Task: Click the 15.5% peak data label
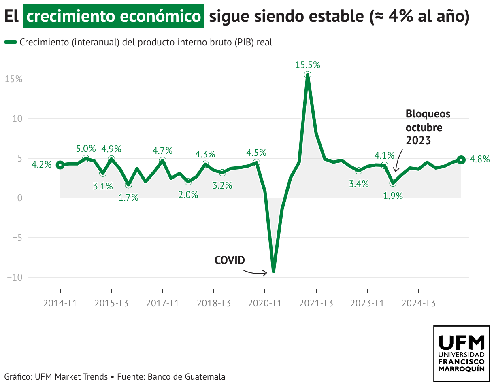[x=307, y=65]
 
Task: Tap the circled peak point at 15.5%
[x=307, y=75]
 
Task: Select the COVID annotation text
[x=230, y=260]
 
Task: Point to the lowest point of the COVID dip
[x=274, y=271]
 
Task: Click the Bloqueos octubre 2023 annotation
[x=428, y=127]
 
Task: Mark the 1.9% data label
[x=393, y=196]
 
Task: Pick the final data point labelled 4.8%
[x=461, y=159]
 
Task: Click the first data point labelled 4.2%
[x=60, y=165]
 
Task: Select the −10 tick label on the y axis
[x=14, y=277]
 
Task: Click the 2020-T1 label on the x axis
[x=265, y=303]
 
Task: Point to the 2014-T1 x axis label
[x=60, y=303]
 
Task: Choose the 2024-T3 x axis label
[x=419, y=303]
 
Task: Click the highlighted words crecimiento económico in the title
[x=113, y=17]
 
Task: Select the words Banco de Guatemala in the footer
[x=186, y=376]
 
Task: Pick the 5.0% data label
[x=86, y=149]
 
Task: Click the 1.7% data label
[x=128, y=198]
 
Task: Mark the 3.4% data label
[x=359, y=184]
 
